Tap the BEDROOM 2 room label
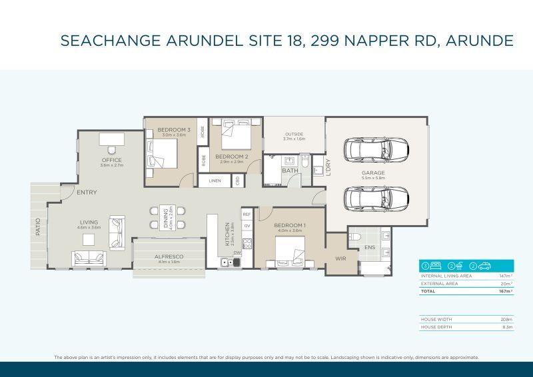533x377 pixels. pos(232,157)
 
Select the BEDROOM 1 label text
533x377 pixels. pos(290,226)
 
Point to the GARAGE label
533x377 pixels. pos(373,173)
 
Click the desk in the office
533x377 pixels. pos(111,139)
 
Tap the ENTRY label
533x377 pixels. pos(87,192)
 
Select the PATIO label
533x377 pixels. pos(38,226)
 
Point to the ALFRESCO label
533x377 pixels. pos(169,256)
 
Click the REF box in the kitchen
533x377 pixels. pos(247,214)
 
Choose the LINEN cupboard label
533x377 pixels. pos(215,181)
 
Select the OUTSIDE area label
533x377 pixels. pos(293,134)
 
